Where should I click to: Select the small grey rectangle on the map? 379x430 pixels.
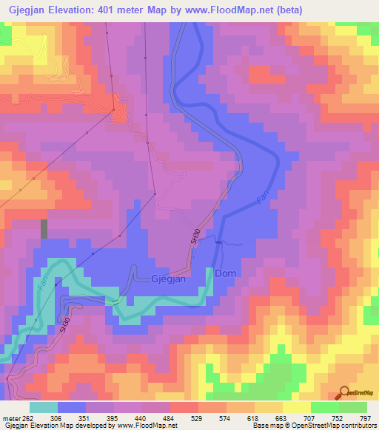coord(44,228)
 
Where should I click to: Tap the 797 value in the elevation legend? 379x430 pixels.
coord(365,417)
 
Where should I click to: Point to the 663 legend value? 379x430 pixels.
coord(282,417)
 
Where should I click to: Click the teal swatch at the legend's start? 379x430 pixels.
coord(44,407)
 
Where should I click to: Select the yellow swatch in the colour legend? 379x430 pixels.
coord(296,407)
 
